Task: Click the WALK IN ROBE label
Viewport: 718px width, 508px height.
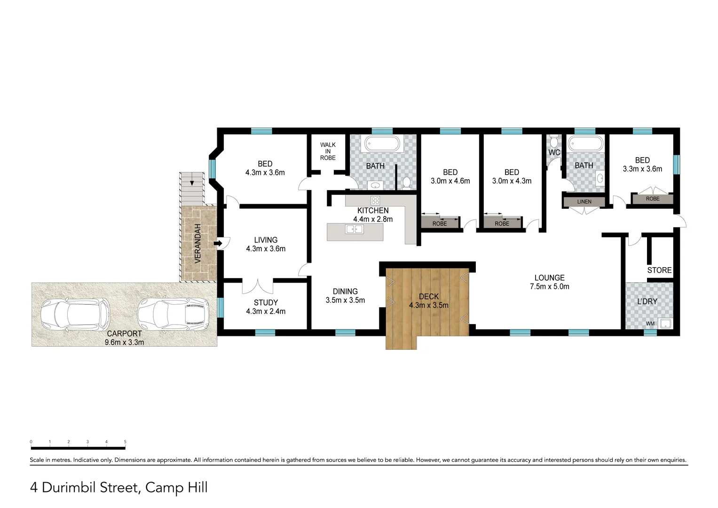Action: [x=328, y=151]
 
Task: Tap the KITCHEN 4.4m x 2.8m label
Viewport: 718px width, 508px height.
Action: [x=373, y=215]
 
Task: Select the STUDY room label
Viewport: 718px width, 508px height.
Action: [x=266, y=302]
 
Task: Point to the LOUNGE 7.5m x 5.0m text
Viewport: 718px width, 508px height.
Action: [x=549, y=282]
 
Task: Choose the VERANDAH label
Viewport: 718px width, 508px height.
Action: [x=198, y=243]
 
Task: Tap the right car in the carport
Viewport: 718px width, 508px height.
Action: [x=172, y=312]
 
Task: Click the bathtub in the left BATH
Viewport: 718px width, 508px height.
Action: [x=382, y=143]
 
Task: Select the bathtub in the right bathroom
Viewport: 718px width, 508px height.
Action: [x=584, y=143]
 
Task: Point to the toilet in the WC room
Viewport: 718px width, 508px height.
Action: [x=554, y=141]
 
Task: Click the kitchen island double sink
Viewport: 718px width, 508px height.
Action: [x=354, y=230]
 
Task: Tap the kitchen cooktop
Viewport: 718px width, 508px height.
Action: [x=375, y=200]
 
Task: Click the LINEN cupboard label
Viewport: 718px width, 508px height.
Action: [x=584, y=202]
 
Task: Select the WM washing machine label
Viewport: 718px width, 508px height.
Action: [x=650, y=324]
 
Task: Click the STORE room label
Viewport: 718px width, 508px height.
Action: [x=659, y=270]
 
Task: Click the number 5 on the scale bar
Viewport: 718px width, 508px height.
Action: [x=125, y=442]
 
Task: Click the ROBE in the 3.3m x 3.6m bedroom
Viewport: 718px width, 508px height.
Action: [x=652, y=199]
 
